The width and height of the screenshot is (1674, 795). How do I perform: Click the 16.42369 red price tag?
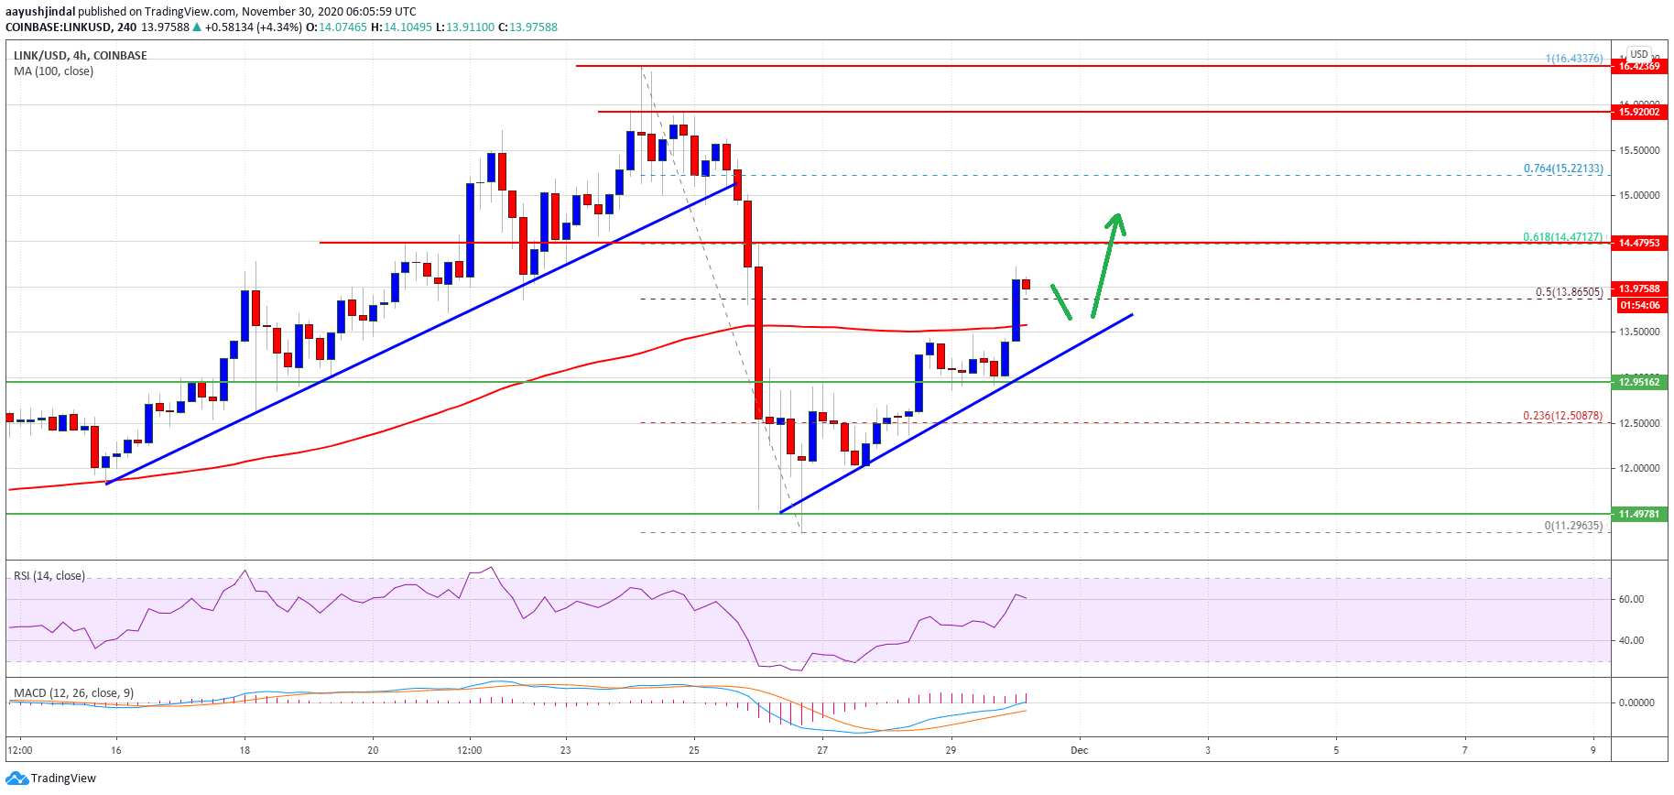click(x=1638, y=66)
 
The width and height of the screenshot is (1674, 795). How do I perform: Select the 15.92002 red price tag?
click(x=1638, y=112)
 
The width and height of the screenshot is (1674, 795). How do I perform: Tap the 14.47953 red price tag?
click(x=1638, y=243)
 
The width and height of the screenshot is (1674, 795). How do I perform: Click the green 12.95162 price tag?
click(x=1638, y=382)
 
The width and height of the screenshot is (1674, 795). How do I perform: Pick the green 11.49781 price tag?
click(x=1638, y=514)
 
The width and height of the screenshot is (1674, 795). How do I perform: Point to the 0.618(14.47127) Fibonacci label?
click(x=1562, y=236)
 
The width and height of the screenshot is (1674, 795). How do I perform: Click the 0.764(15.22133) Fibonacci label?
click(x=1562, y=169)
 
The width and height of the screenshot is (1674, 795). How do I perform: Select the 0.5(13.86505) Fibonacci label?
click(x=1569, y=292)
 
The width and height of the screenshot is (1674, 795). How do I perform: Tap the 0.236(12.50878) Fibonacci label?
click(x=1562, y=416)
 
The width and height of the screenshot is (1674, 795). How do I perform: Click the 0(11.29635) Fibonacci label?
click(x=1573, y=526)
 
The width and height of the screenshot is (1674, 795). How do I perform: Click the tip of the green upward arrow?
click(x=1116, y=216)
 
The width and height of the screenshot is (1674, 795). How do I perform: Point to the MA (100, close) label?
click(x=53, y=71)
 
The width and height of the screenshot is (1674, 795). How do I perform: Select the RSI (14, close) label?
click(x=49, y=575)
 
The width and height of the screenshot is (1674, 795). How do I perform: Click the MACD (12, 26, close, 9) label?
click(x=73, y=692)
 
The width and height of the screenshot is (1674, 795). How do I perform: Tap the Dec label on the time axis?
click(x=1080, y=750)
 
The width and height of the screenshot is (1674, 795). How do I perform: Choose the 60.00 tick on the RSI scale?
click(x=1631, y=599)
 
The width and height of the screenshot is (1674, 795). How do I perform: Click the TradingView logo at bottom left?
click(x=51, y=779)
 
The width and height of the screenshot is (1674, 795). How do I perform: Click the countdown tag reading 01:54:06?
click(x=1638, y=305)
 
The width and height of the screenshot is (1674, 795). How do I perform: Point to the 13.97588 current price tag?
click(x=1638, y=289)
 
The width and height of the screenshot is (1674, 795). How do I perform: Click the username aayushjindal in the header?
click(x=40, y=12)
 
